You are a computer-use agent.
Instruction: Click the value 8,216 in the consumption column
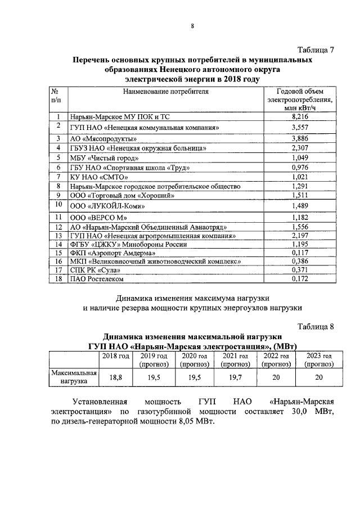click(x=301, y=117)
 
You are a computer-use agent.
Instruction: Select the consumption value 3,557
click(x=301, y=128)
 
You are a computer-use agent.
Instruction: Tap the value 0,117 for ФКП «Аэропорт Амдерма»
click(x=301, y=253)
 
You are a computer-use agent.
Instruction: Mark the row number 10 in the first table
click(x=58, y=206)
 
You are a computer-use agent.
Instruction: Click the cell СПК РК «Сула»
click(x=92, y=270)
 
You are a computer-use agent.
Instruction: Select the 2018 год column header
click(x=115, y=356)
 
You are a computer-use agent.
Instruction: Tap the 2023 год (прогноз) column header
click(x=318, y=360)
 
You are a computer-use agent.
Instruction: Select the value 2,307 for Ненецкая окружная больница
click(x=301, y=148)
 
